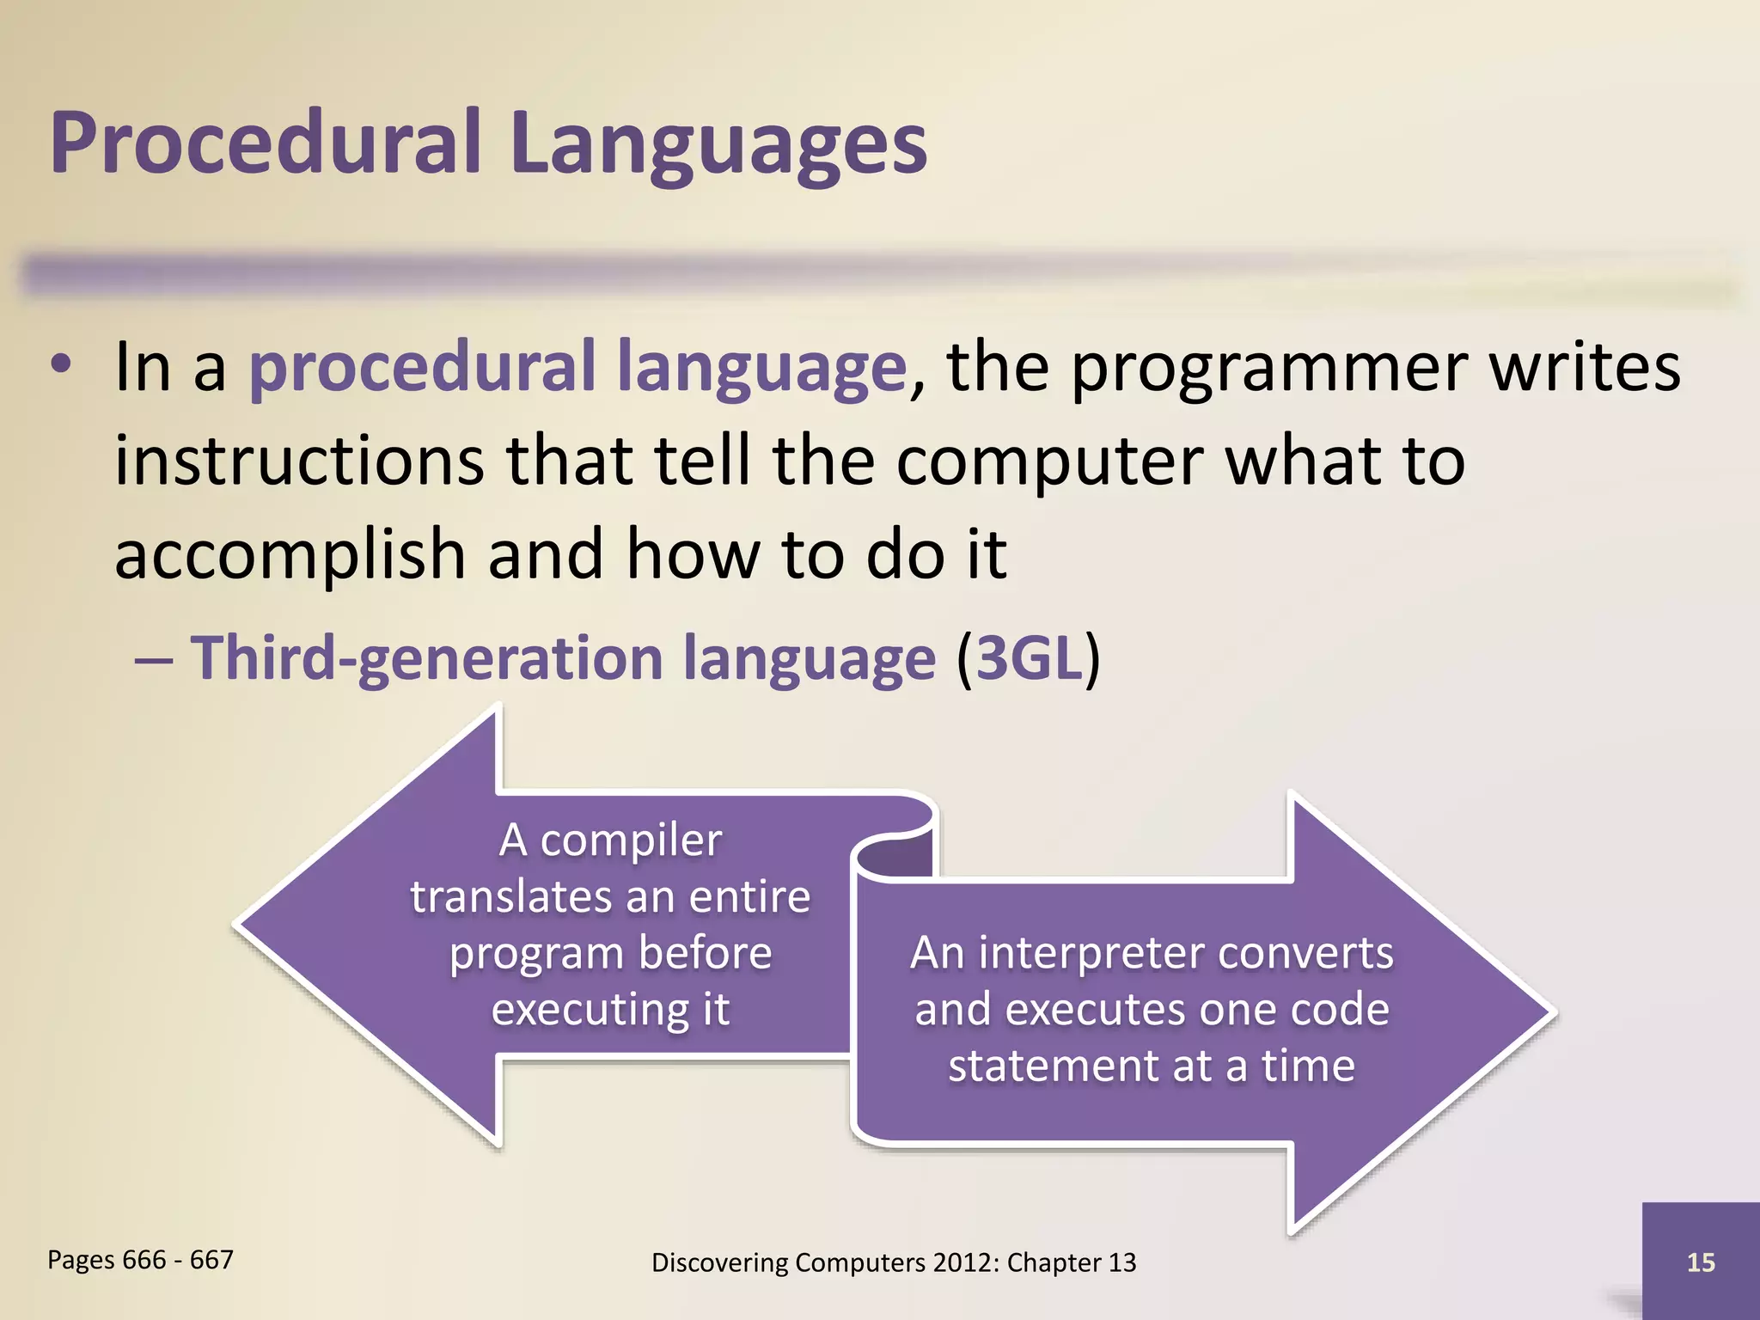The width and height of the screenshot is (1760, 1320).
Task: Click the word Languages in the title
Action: click(x=718, y=144)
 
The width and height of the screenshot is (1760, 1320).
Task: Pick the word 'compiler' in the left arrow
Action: click(x=630, y=840)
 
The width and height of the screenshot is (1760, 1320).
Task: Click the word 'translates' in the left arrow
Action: click(x=509, y=897)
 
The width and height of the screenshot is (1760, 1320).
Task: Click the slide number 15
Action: click(x=1700, y=1262)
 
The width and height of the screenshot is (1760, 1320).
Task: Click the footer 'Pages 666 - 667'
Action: click(x=140, y=1260)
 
